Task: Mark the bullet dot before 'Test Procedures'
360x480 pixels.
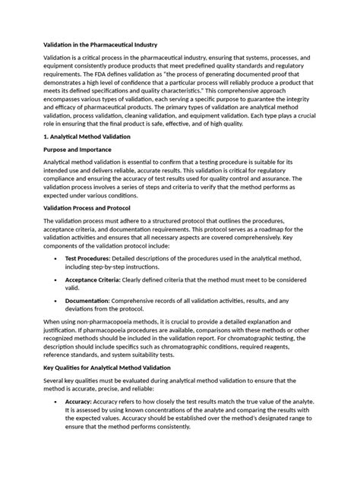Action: (x=58, y=258)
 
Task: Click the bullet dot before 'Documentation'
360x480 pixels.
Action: (x=58, y=302)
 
